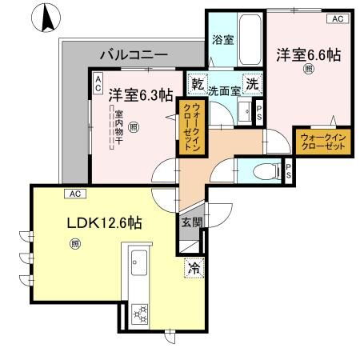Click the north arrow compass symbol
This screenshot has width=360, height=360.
tap(46, 18)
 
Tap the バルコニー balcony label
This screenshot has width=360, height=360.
tap(134, 55)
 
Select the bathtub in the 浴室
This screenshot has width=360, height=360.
tap(250, 39)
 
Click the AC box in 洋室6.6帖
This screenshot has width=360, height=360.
tap(338, 19)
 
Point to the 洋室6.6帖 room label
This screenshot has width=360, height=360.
tap(309, 55)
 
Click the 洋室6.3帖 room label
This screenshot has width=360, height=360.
tap(141, 95)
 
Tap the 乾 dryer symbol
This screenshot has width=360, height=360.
tap(198, 85)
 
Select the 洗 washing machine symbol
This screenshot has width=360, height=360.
tap(253, 85)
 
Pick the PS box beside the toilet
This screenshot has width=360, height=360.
tap(289, 171)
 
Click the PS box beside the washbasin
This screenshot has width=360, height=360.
tap(259, 113)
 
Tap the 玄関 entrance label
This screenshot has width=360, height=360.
tap(192, 222)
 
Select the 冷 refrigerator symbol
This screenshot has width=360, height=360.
tap(194, 268)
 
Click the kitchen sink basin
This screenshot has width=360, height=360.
tap(139, 262)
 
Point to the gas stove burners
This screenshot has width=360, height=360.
tap(140, 314)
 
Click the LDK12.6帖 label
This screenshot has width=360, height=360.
tap(104, 223)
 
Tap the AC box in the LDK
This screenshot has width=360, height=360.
tap(75, 194)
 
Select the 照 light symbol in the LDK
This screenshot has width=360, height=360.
tap(75, 244)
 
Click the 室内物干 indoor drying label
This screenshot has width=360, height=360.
tap(118, 127)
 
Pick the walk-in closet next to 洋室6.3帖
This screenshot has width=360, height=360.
tap(192, 127)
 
